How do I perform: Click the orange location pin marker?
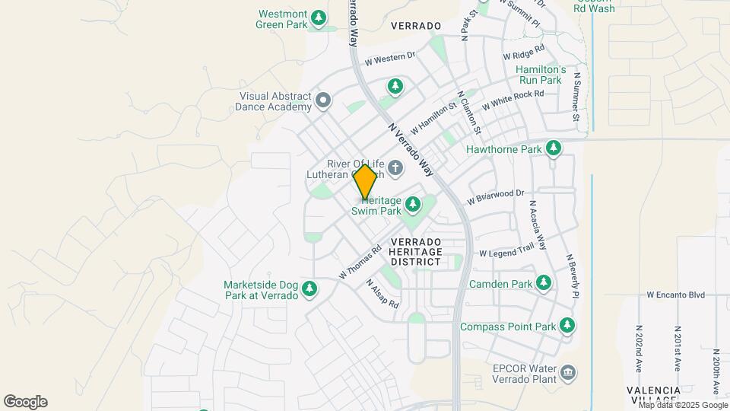coord(366,182)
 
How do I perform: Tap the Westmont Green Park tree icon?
coord(320,17)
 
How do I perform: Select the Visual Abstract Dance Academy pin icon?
coord(323,100)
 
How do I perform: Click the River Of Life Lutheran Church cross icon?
coord(395,167)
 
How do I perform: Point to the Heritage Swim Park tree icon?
coord(413,204)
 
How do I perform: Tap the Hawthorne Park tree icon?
coord(554,148)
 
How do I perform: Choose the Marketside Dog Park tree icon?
coord(309,288)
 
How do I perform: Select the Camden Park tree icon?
coord(543,284)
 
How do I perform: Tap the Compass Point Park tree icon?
coord(567,326)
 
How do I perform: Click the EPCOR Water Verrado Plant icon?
coord(568,372)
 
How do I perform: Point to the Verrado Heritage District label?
coord(414,250)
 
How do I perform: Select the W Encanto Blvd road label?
coord(675,295)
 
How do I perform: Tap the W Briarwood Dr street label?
coord(496,197)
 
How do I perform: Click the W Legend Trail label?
coord(506,250)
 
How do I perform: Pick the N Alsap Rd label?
coord(382,293)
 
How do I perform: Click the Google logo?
coord(25,402)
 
